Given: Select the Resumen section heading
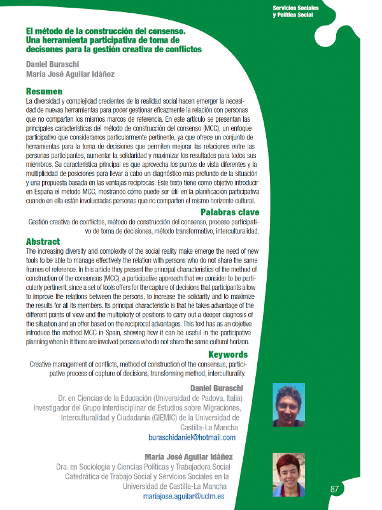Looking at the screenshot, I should pyautogui.click(x=44, y=91).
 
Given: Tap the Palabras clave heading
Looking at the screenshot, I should pyautogui.click(x=230, y=212).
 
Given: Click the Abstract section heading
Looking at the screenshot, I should pyautogui.click(x=43, y=242).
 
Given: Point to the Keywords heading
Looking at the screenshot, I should pyautogui.click(x=228, y=354).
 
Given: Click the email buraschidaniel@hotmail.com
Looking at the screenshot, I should pyautogui.click(x=192, y=437).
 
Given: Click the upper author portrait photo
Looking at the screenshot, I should pyautogui.click(x=288, y=405).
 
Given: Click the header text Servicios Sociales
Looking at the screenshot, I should pyautogui.click(x=295, y=7).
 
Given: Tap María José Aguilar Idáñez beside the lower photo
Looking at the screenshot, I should pyautogui.click(x=190, y=456).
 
